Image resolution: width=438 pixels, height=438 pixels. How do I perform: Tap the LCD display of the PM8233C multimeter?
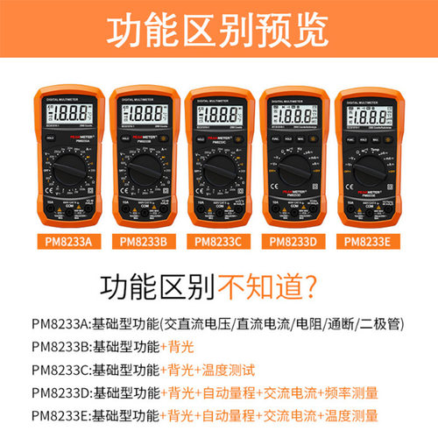pos(218,114)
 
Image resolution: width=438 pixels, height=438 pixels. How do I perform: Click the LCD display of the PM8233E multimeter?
pos(366,114)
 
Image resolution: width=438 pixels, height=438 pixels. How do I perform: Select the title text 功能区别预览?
pos(219,31)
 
